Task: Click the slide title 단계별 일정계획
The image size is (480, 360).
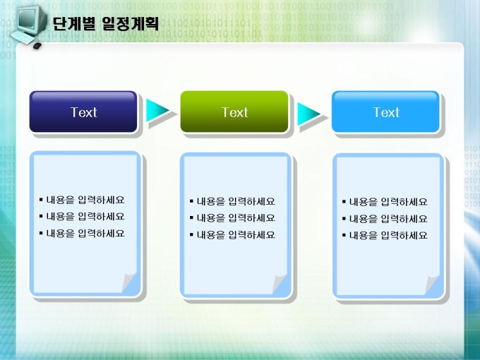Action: tap(106, 23)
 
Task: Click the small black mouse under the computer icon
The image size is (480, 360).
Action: tap(37, 46)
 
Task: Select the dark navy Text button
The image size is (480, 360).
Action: tap(83, 112)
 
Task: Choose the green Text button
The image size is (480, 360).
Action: tap(234, 112)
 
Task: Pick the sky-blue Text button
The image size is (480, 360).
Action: tap(385, 112)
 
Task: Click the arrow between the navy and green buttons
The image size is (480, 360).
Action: tap(157, 110)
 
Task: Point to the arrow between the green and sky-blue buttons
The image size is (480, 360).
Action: tap(308, 114)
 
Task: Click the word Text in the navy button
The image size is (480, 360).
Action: tap(83, 112)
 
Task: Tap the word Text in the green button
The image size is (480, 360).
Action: tap(234, 112)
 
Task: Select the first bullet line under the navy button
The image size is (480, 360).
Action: tap(82, 200)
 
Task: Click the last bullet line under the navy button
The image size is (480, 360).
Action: tap(82, 234)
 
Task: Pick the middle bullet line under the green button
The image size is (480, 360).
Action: tap(232, 218)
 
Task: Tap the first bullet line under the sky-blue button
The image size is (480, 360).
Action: tap(385, 202)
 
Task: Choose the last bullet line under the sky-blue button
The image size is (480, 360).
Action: tap(385, 235)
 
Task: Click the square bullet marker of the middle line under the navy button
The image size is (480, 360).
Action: tap(41, 217)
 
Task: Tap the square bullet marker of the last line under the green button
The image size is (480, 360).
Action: tap(191, 235)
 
